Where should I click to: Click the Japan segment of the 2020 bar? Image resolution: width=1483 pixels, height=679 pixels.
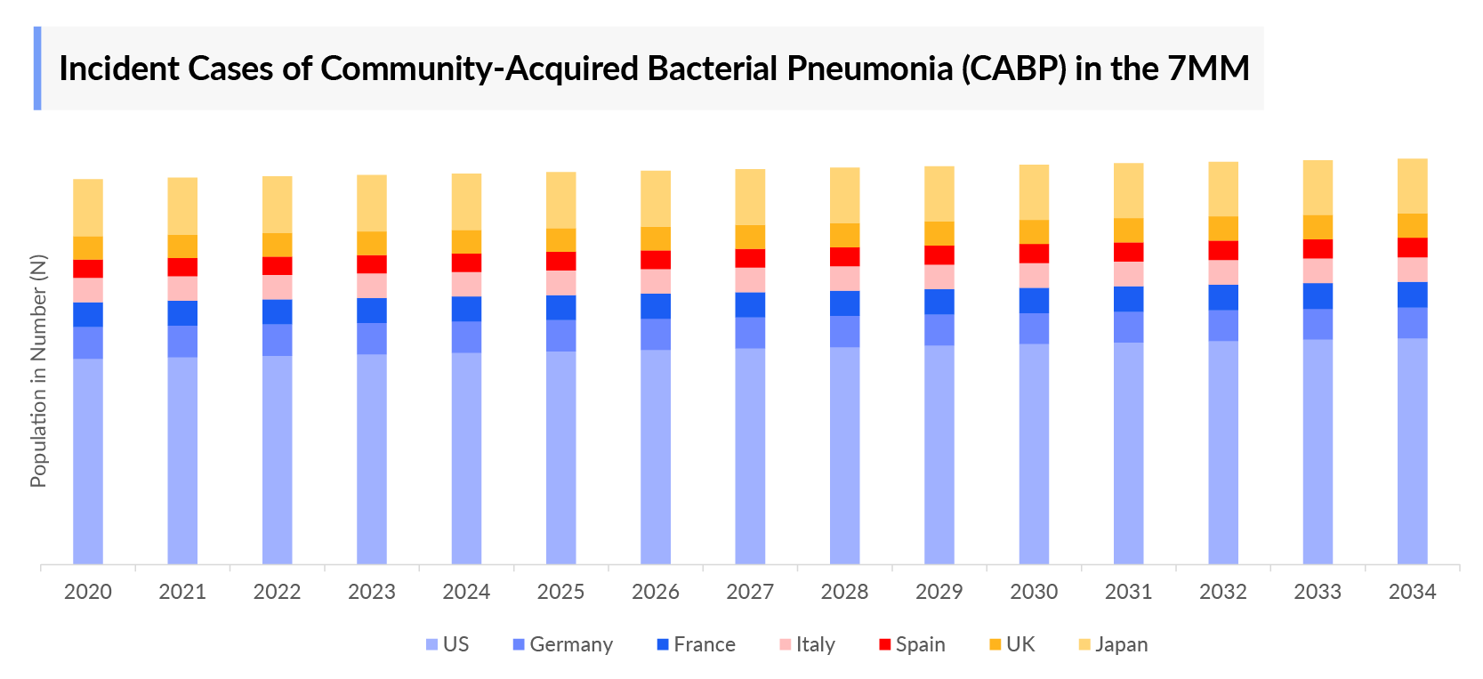pos(88,207)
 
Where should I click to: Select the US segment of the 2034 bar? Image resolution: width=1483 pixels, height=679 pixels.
pos(1412,450)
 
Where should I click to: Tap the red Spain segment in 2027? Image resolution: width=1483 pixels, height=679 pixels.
pos(750,258)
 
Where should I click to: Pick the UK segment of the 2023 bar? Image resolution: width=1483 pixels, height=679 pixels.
pos(372,243)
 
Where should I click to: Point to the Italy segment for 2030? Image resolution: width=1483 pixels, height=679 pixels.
pos(1034,275)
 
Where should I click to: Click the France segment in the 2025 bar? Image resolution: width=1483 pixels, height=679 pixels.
pos(560,307)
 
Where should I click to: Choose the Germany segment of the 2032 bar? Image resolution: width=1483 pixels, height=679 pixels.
pos(1223,325)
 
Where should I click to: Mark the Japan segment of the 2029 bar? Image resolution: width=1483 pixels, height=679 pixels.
pos(939,194)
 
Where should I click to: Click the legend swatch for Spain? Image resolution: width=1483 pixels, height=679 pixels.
pos(884,644)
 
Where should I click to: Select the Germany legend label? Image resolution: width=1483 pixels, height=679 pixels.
pos(571,644)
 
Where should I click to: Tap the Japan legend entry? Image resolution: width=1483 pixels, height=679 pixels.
pos(1121,644)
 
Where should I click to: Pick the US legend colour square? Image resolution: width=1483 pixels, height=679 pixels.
pos(431,644)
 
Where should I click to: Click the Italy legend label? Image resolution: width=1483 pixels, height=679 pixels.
pos(815,644)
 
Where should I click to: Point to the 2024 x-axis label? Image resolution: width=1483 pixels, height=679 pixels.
pos(466,592)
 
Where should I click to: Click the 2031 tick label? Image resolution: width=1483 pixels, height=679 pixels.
pos(1128,592)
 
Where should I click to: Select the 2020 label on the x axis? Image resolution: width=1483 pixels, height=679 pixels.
pos(88,592)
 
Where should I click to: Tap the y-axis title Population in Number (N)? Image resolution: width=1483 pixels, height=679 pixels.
pos(38,371)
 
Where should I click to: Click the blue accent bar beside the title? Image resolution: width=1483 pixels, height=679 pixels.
pos(37,69)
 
